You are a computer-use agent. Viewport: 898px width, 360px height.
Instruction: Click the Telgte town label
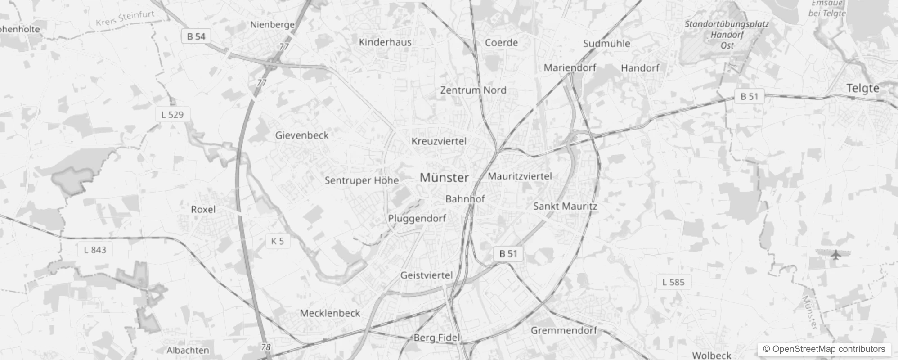(862, 88)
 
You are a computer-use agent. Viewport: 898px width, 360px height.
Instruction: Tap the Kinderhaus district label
(385, 42)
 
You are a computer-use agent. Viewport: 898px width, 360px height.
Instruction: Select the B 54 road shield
(196, 36)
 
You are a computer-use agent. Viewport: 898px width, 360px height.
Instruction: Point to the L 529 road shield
(172, 115)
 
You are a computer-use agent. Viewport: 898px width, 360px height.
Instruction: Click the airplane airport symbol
(836, 255)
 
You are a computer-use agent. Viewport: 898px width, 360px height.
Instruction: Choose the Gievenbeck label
(302, 135)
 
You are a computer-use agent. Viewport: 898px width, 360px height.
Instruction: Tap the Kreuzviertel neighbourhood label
(439, 141)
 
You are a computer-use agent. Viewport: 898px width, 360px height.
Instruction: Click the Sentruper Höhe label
(362, 180)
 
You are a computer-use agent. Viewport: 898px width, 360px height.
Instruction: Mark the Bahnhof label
(465, 199)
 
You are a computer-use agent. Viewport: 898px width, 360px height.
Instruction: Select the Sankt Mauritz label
(565, 207)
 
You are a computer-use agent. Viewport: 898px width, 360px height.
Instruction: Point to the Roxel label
(203, 209)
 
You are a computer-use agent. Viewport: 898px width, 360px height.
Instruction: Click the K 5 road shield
(278, 241)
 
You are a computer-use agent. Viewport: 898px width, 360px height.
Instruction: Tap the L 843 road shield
(95, 250)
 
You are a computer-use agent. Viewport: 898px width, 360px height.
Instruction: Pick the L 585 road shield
(673, 282)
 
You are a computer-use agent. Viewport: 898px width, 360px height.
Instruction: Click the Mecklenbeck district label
(330, 313)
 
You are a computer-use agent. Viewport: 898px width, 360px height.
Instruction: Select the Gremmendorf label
(563, 330)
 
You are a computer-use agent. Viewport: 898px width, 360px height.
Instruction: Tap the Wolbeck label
(711, 355)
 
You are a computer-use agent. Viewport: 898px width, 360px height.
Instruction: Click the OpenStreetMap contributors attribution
(824, 349)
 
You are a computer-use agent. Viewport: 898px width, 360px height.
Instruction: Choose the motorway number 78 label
(266, 347)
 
